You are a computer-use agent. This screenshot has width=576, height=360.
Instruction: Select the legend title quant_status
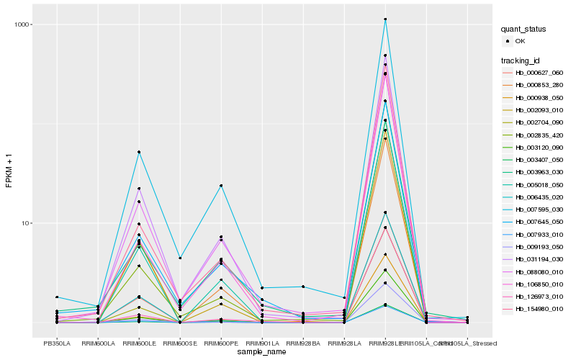point(524,30)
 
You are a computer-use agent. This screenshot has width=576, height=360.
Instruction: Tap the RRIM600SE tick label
point(180,343)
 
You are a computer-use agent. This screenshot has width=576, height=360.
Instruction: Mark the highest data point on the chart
point(385,19)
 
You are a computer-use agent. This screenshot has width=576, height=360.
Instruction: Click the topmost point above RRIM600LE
point(139,152)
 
